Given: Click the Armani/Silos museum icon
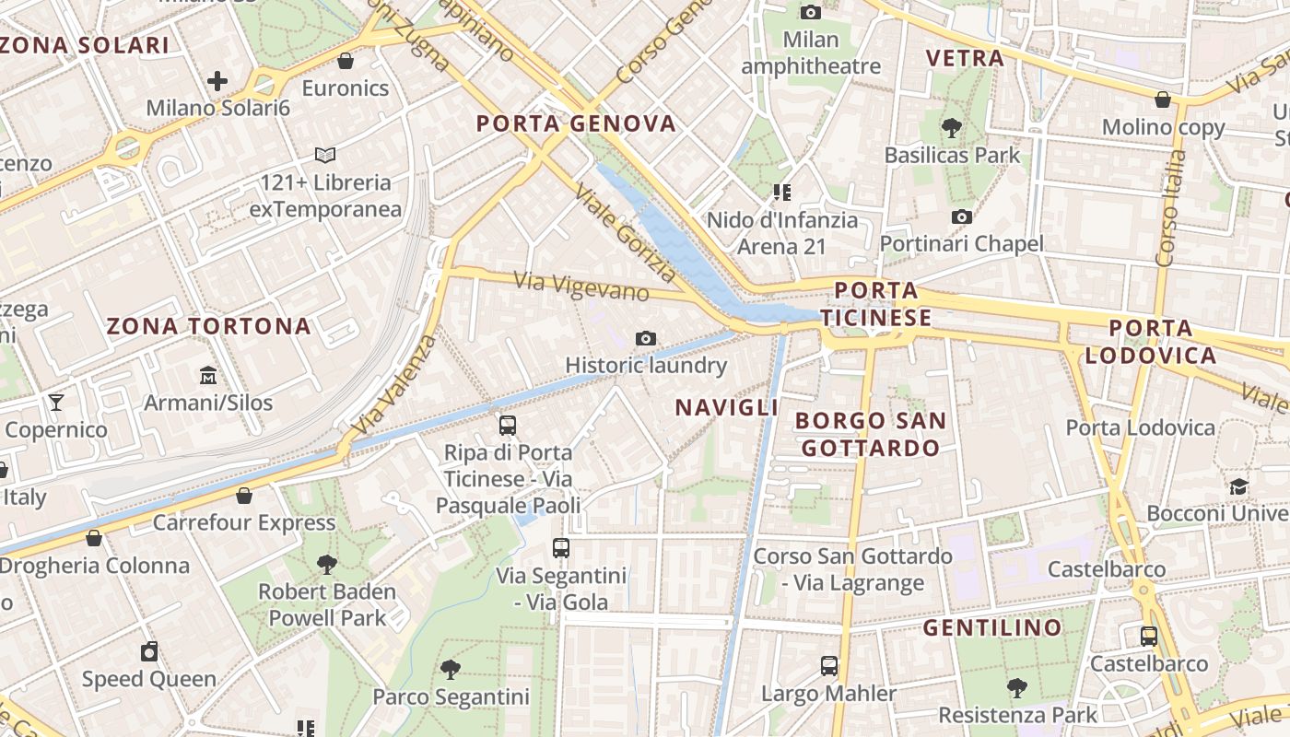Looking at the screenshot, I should point(208,376).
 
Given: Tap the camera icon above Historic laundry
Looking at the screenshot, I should point(646,339).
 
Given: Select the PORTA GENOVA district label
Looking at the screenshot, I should point(577,123).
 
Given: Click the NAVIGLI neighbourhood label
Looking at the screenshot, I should point(727,407).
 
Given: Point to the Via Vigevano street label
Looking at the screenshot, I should point(581,286).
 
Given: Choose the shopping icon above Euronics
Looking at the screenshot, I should point(346,62).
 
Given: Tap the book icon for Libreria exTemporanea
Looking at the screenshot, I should point(325,156).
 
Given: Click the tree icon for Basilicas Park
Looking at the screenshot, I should point(952,128).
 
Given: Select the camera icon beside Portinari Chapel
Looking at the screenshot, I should point(962,217).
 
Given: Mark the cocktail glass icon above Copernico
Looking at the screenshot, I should point(56,403).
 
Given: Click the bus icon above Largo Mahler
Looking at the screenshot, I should point(829,666).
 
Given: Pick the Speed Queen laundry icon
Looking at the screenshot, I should point(149,652).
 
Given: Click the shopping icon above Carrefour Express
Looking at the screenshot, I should point(244,497).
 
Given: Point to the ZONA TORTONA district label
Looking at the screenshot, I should point(209,326).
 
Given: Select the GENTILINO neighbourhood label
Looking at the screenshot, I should point(992,628).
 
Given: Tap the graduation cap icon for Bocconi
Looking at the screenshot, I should point(1237,486).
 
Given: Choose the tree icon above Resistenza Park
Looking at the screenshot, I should point(1017,687).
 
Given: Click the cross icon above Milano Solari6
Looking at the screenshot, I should point(217,81).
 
